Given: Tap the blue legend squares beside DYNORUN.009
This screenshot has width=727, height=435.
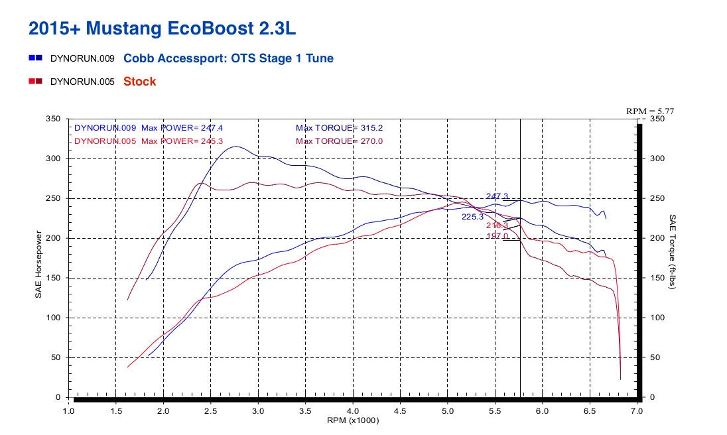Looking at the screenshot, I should coord(36,58).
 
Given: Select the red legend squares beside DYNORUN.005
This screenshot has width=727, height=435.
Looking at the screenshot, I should coord(36,82).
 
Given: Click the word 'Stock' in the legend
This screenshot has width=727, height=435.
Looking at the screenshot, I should coord(140,82).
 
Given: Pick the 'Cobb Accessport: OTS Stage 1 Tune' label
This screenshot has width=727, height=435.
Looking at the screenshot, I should coord(228,58).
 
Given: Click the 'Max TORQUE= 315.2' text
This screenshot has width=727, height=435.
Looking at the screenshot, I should coord(339,127).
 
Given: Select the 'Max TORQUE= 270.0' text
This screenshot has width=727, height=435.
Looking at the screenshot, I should coord(339,141).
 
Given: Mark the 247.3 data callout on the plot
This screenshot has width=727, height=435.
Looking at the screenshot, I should coord(497,196).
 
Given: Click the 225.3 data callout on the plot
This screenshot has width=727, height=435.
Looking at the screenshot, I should coord(473,216).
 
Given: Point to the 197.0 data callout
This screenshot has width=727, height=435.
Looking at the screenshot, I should coord(497,235).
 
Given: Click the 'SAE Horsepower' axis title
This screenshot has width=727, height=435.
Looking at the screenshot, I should coord(38,264).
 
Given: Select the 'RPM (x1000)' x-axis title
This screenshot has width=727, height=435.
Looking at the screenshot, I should coord(353,420).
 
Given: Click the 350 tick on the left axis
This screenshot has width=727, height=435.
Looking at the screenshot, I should coord(54,119).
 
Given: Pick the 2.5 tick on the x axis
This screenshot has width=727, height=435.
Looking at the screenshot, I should coord(211,411).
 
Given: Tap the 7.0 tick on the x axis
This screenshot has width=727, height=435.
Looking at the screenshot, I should coord(637,411).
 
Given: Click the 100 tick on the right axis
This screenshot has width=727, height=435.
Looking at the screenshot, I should coord(657,318).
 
